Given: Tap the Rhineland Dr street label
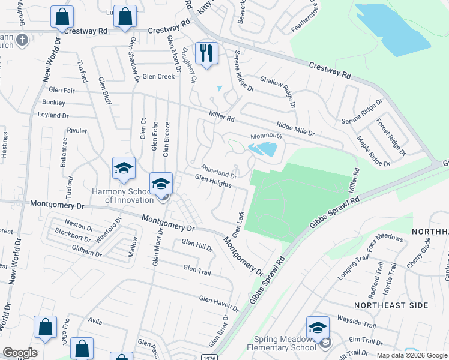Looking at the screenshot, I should point(218,172).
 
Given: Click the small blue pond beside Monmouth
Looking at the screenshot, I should point(263,149).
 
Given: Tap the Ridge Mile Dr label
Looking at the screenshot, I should point(295,128).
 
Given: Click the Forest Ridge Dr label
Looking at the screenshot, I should point(391,136).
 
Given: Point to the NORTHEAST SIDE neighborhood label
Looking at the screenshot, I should point(391,305).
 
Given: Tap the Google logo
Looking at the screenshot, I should point(20,353).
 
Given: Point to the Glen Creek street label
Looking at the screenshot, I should point(158,76).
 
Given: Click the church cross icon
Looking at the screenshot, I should point(22,40).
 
